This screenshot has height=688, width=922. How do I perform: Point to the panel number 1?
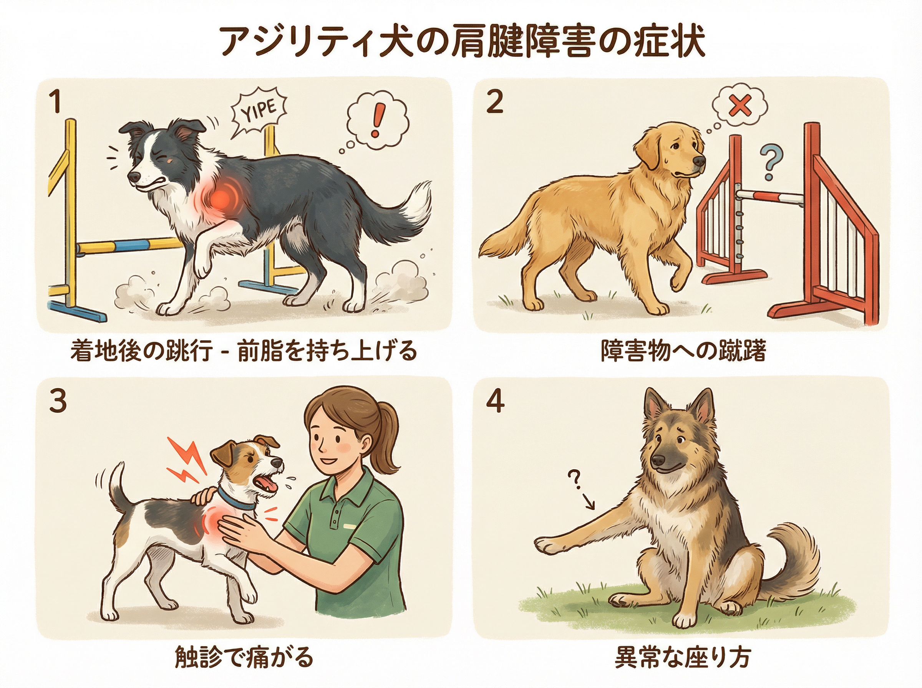click(55, 102)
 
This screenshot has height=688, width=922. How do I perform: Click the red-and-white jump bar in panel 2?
click(770, 196)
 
